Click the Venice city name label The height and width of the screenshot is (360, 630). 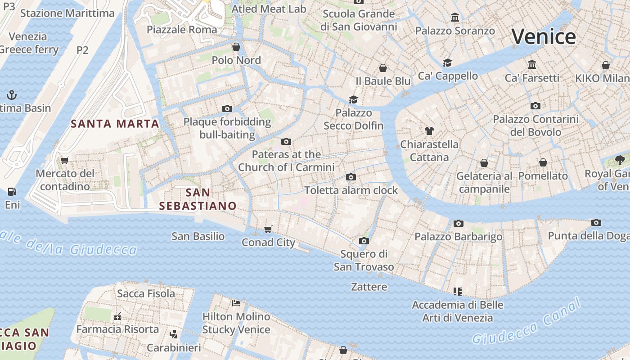544,36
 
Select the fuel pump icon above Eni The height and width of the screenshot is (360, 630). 12,192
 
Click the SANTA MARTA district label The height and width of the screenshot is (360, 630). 115,124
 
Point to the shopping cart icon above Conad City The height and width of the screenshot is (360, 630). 268,229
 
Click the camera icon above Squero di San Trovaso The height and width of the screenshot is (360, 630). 364,241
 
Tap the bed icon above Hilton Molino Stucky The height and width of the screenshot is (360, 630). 236,303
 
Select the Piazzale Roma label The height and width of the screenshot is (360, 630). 182,30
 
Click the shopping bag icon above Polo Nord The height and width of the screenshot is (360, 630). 236,47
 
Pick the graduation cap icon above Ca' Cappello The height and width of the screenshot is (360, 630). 447,63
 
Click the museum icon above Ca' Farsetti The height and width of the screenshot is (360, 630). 532,65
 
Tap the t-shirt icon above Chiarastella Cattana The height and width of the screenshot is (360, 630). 429,131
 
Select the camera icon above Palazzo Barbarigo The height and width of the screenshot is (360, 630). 459,223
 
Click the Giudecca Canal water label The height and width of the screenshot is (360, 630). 527,322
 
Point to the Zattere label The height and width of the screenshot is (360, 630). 369,287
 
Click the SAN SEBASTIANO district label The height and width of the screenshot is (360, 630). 198,199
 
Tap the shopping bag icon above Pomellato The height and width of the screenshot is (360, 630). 543,162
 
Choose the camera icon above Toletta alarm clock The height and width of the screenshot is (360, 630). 351,177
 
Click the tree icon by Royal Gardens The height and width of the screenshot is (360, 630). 620,160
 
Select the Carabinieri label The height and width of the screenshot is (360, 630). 174,348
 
